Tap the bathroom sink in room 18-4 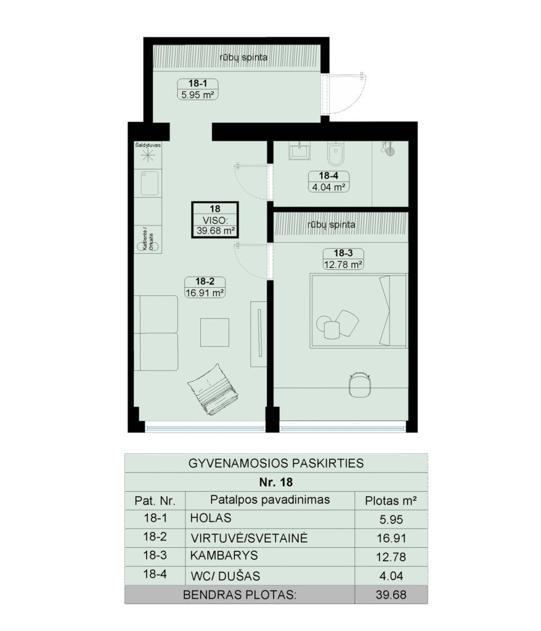point(299,151)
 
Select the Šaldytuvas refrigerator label point(148,145)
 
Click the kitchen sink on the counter point(149,183)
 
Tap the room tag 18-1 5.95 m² point(198,89)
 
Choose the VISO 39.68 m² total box point(215,220)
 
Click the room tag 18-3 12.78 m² point(343,259)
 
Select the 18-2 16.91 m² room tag point(205,287)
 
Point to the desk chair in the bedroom point(359,385)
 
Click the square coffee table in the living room point(214,332)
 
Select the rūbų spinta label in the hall point(243,57)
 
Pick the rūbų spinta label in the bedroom point(332,225)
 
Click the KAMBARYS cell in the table point(224,555)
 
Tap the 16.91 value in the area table point(391,538)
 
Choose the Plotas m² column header point(391,501)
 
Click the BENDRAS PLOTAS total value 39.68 point(391,595)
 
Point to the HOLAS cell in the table point(211,518)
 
